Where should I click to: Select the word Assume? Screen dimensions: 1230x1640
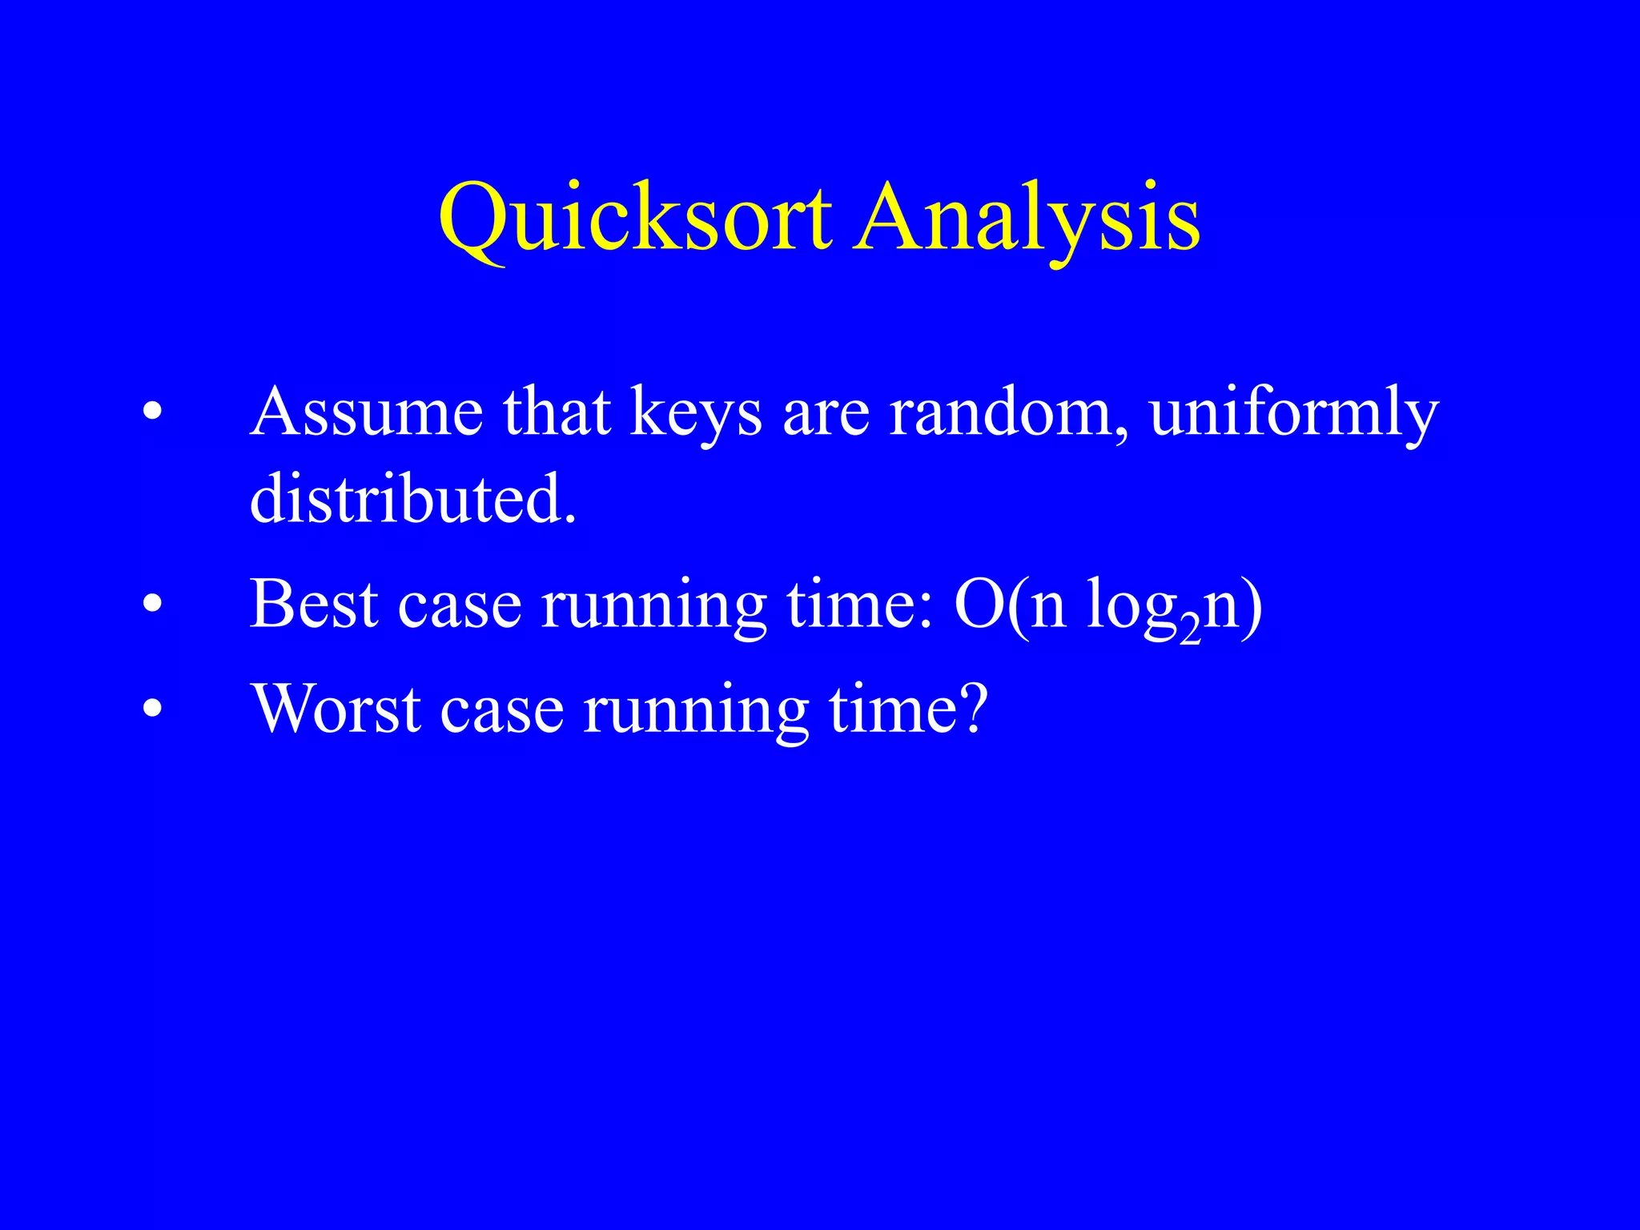click(x=367, y=412)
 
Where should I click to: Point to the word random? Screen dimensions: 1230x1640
click(x=1008, y=412)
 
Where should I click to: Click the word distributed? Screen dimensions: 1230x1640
click(x=412, y=498)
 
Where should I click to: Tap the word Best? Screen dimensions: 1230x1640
click(x=314, y=605)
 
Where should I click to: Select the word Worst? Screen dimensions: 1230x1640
click(x=336, y=709)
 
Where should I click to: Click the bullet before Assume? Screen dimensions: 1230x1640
click(x=152, y=412)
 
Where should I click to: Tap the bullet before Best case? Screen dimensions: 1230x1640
click(x=152, y=605)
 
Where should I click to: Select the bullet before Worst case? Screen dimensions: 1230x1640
click(x=152, y=709)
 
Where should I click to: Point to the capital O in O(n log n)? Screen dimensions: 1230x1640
click(x=979, y=605)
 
